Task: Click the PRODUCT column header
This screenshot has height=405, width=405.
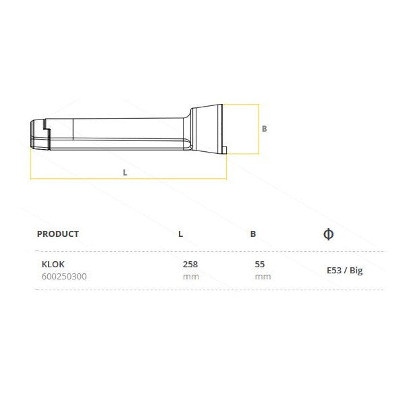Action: coord(58,234)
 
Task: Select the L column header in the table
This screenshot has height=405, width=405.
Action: coord(180,234)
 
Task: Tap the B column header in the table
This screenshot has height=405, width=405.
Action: coord(253,234)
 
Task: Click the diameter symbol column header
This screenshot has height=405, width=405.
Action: coord(328,234)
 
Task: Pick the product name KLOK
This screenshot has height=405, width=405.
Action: coord(53,264)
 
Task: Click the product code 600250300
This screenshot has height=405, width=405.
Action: coord(64,277)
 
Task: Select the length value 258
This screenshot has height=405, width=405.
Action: coord(190,264)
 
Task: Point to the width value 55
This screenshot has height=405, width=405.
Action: coord(260,264)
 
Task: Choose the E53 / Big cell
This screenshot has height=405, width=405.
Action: coord(345,271)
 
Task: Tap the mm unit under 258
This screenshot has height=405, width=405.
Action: coord(191,277)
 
